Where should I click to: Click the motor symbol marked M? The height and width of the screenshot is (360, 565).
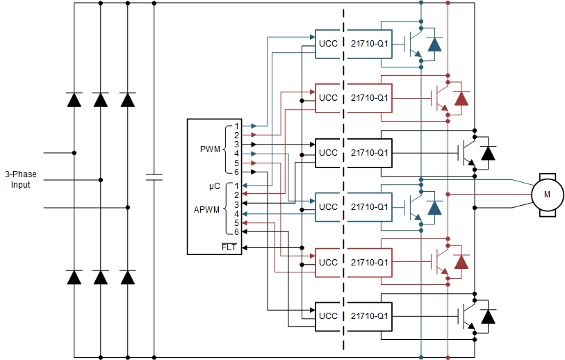546,195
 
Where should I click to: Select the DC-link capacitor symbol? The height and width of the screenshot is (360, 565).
154,177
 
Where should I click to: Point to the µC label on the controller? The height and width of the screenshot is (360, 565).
215,186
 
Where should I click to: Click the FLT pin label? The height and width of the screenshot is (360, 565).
229,247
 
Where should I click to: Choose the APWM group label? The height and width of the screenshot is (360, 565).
206,208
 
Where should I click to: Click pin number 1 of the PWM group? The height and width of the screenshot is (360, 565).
236,126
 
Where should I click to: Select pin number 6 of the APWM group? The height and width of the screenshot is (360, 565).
236,232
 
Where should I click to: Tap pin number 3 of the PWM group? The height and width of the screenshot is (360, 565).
236,144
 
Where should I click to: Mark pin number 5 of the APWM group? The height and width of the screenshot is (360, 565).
236,223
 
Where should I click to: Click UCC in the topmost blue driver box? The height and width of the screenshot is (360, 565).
328,43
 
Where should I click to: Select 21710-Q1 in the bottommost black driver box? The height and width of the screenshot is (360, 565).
369,316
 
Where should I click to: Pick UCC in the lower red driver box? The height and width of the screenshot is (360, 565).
328,262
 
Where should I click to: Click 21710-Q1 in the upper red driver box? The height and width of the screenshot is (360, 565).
369,98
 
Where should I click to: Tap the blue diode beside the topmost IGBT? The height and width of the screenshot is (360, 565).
434,44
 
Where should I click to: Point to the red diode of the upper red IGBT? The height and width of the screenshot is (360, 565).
461,98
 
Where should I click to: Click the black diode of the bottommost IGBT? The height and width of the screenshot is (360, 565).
489,316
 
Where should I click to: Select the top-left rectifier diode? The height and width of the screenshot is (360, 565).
74,99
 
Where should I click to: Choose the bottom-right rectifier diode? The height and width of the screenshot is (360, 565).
127,277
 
